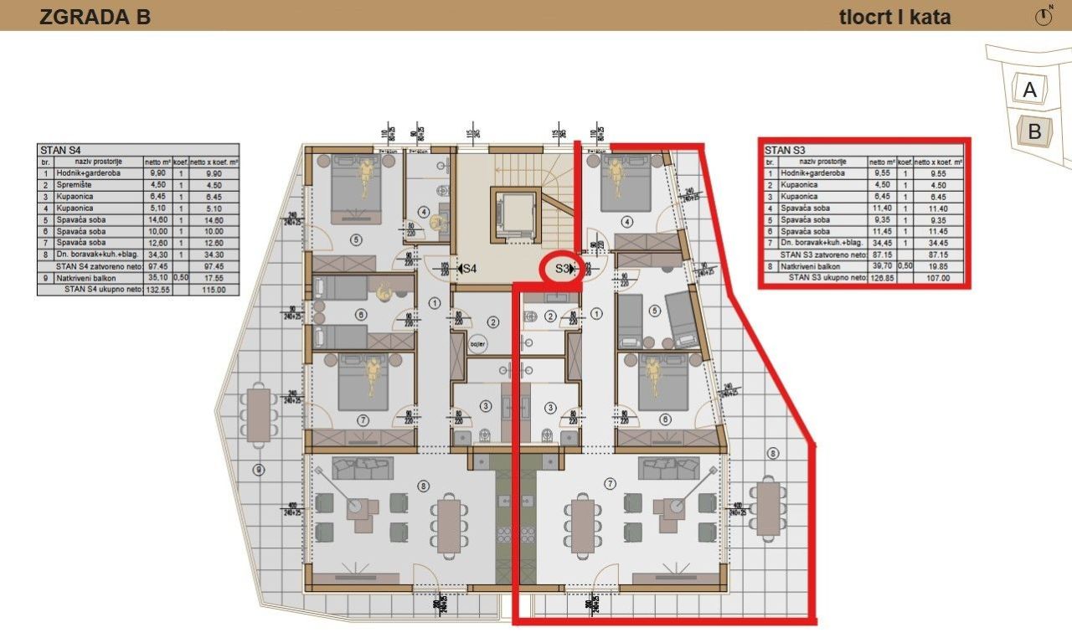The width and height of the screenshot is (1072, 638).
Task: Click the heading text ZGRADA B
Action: [x=95, y=17]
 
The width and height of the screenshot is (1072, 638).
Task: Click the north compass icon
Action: [x=1044, y=17]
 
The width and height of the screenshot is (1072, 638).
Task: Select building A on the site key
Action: [x=1030, y=90]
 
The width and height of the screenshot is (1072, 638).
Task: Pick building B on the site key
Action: [x=1034, y=131]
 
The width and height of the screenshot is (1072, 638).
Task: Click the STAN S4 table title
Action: [x=58, y=151]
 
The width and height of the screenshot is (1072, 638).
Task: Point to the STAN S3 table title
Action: [x=784, y=151]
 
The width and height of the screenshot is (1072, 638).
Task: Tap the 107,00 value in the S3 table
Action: [x=944, y=276]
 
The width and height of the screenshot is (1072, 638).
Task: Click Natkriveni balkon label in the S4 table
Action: [x=85, y=278]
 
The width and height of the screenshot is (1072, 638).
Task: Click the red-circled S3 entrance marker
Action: [x=563, y=270]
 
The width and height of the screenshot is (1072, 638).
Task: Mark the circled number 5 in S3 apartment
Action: [x=655, y=310]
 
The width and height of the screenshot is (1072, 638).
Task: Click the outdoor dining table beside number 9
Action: [x=260, y=414]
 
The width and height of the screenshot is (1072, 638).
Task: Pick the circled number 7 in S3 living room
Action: [x=609, y=483]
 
